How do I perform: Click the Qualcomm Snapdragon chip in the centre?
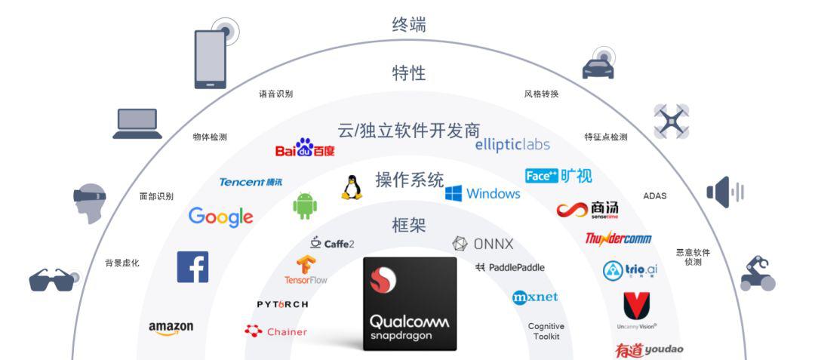tap(410, 303)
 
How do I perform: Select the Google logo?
tap(220, 217)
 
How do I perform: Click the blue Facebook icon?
tap(192, 267)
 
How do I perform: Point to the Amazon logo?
tap(171, 328)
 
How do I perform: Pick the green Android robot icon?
tap(304, 205)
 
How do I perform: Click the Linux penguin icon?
tap(351, 187)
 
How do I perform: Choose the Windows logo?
tap(482, 193)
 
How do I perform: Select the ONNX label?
tap(483, 244)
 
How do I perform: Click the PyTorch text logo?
tap(282, 304)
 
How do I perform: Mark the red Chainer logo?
tap(276, 331)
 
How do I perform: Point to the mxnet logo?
tap(535, 297)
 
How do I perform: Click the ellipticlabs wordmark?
tap(512, 145)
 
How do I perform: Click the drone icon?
tap(672, 121)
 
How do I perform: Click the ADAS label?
tap(654, 196)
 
